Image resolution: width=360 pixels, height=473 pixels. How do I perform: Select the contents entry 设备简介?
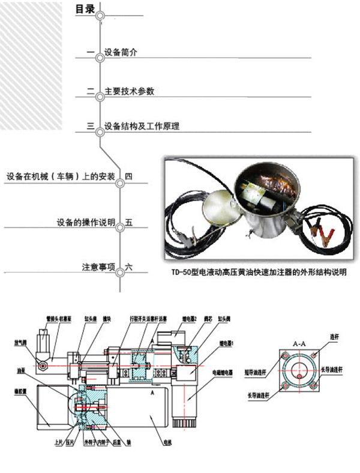(121, 52)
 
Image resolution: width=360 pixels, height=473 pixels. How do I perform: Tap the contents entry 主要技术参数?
(130, 91)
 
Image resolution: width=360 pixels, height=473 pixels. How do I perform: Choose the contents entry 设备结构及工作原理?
(142, 127)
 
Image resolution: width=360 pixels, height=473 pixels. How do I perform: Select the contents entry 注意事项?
(98, 266)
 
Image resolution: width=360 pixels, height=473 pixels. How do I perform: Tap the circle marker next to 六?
(120, 271)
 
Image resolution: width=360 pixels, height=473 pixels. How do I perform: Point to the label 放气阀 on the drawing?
(21, 344)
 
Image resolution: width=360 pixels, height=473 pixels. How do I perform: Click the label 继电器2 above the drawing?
(190, 319)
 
